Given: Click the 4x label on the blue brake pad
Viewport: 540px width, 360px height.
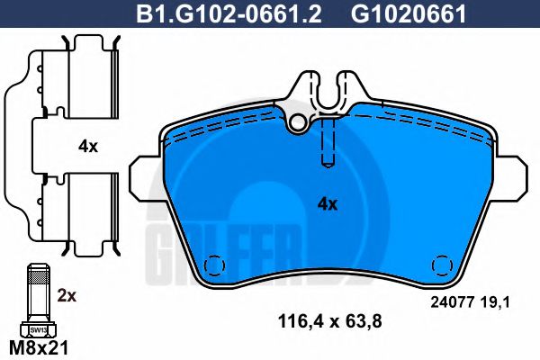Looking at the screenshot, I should point(327,203).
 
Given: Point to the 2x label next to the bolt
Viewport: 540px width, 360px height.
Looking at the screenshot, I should point(67,293).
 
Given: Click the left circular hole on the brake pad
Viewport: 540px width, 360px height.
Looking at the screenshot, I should point(215,266).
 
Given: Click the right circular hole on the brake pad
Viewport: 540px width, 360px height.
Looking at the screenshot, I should point(442,266).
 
